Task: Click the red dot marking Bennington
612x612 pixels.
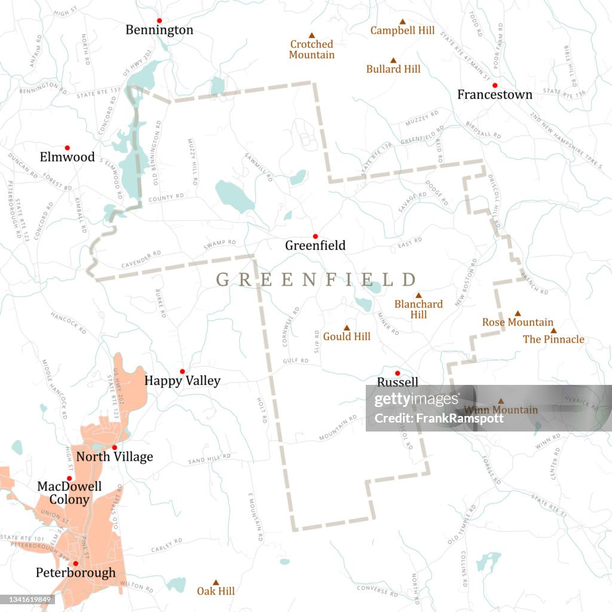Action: click(159, 20)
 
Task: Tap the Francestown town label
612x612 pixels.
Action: click(494, 94)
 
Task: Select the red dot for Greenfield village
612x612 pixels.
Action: click(315, 236)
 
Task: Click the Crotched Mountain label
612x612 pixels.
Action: click(311, 50)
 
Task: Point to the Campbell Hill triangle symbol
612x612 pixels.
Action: click(402, 20)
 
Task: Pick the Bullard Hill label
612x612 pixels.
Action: click(393, 69)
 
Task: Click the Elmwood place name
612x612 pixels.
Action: click(67, 157)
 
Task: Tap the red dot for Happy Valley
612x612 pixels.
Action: click(182, 371)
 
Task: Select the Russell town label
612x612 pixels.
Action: click(397, 382)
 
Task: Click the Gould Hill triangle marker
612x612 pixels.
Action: click(346, 328)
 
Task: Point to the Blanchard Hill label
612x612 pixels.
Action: click(418, 309)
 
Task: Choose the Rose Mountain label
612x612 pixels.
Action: click(518, 322)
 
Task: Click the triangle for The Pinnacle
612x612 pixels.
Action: click(553, 331)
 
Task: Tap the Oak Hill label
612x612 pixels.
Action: click(216, 591)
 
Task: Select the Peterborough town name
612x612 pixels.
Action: click(76, 573)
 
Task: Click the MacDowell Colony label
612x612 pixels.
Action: click(69, 493)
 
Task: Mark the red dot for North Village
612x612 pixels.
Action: click(114, 447)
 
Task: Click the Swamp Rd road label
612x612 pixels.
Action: click(219, 244)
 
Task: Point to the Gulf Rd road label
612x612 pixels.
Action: click(296, 361)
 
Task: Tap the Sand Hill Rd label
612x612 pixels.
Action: click(209, 458)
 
